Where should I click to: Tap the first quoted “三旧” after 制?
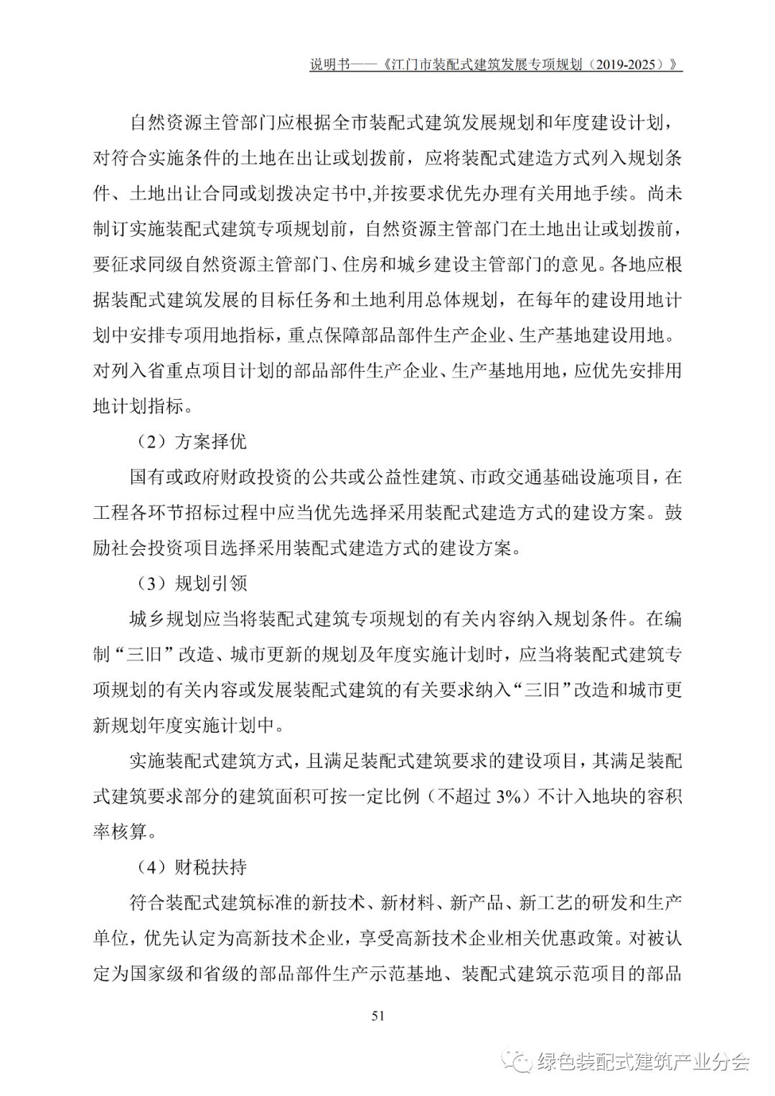pos(149,655)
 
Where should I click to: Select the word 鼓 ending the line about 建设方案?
pos(673,512)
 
